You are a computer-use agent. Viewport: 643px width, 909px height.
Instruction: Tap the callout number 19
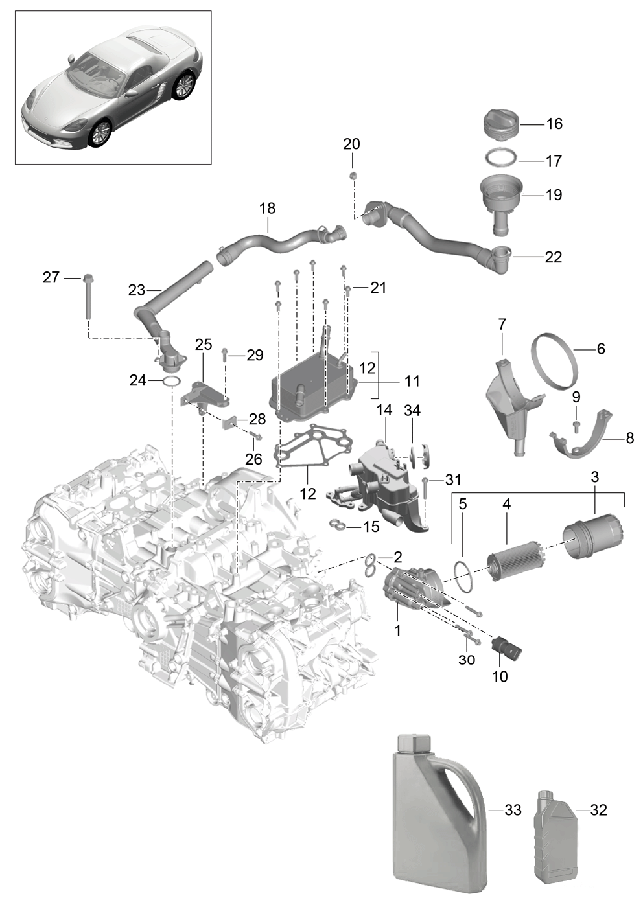click(x=554, y=195)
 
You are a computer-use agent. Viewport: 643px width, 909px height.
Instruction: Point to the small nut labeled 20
click(x=353, y=176)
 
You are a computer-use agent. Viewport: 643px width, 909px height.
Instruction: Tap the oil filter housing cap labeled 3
click(x=594, y=536)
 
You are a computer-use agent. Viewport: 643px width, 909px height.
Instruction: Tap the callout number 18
click(x=268, y=209)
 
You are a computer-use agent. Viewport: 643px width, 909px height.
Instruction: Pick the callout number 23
click(x=136, y=290)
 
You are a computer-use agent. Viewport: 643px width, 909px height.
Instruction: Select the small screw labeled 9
click(x=576, y=425)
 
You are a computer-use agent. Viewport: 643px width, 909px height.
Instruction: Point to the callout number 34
click(x=412, y=410)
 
